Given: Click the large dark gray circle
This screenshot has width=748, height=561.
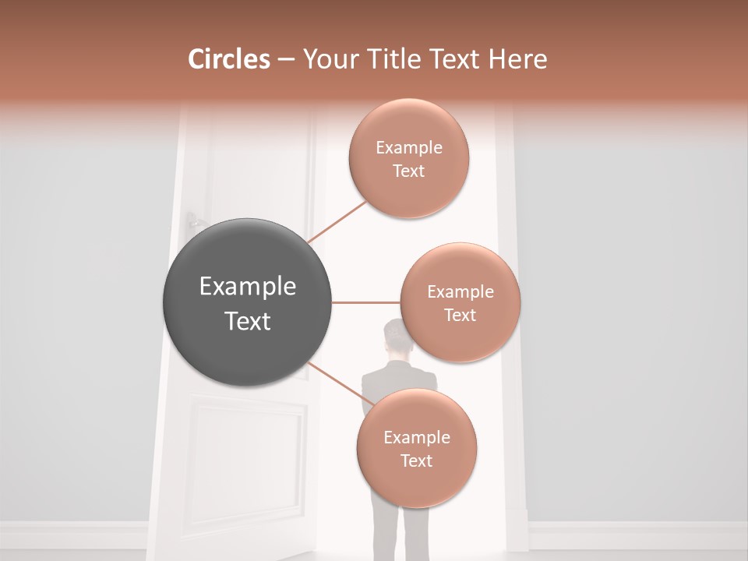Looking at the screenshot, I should pyautogui.click(x=247, y=302).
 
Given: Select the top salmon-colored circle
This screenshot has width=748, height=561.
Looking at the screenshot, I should pyautogui.click(x=408, y=158).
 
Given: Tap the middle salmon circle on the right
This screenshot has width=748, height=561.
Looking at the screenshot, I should pyautogui.click(x=460, y=302).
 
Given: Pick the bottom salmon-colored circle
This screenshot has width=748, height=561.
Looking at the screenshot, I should pyautogui.click(x=416, y=448).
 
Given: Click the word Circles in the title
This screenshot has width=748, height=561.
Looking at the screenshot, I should pyautogui.click(x=229, y=59).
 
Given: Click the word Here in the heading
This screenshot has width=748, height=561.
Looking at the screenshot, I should pyautogui.click(x=519, y=59).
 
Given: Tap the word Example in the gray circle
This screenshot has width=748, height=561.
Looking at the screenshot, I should pyautogui.click(x=247, y=287).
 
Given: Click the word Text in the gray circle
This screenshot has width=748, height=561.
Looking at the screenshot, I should pyautogui.click(x=247, y=321).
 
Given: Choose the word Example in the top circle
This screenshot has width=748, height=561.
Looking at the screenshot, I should pyautogui.click(x=408, y=147).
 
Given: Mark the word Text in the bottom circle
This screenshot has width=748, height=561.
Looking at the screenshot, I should pyautogui.click(x=416, y=460).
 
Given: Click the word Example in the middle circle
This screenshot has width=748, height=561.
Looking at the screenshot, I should pyautogui.click(x=460, y=291).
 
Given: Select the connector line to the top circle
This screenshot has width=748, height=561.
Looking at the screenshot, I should pyautogui.click(x=337, y=221).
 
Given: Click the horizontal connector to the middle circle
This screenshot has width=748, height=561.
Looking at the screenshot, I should pyautogui.click(x=365, y=302).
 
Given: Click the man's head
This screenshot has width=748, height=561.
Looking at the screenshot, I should pyautogui.click(x=398, y=337).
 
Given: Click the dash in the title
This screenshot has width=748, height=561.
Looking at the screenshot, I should pyautogui.click(x=285, y=60).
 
